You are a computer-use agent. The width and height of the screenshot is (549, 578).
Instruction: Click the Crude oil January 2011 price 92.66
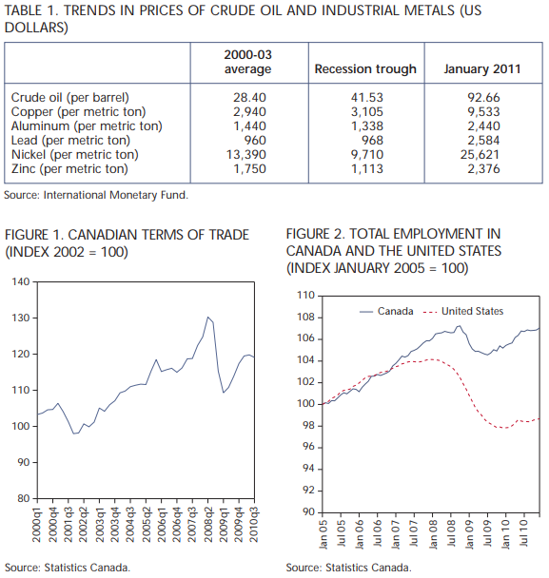(483, 97)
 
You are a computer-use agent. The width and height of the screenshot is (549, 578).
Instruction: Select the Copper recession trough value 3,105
(366, 111)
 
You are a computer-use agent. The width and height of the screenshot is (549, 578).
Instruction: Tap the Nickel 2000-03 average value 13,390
(246, 154)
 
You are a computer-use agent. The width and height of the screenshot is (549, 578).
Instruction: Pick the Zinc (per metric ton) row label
(69, 169)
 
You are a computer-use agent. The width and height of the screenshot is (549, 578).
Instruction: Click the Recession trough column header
(365, 69)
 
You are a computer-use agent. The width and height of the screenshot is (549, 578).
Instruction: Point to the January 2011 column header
(482, 69)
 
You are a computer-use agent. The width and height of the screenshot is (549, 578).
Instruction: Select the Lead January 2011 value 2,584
(483, 141)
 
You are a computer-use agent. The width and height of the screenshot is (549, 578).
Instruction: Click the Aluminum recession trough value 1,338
(366, 126)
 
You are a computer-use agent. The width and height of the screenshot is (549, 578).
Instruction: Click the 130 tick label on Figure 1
(21, 318)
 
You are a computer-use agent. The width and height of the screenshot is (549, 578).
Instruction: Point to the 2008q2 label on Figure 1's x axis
(208, 524)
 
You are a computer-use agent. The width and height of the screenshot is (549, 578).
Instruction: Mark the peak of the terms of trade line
(208, 317)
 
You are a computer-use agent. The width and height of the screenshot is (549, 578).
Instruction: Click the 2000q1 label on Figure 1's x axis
(37, 524)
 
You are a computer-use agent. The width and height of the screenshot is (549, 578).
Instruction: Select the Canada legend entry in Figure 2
(386, 312)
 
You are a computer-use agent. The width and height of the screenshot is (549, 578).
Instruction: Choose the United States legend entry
(463, 312)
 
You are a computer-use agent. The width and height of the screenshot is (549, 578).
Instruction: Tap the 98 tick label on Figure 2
(305, 425)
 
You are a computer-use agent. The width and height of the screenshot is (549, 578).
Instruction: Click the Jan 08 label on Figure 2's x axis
(433, 533)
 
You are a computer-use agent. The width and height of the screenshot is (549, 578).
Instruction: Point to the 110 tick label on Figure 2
(305, 296)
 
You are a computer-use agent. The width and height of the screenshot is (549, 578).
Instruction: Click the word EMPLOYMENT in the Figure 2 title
(425, 234)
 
